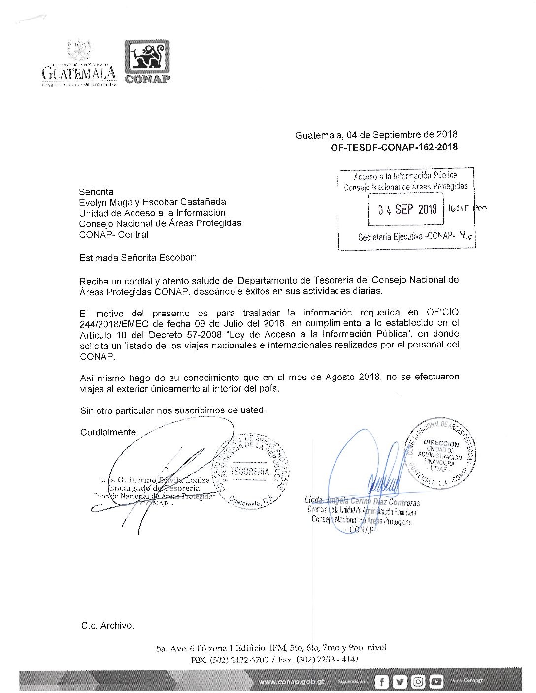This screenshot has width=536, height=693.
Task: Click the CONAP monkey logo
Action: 147,57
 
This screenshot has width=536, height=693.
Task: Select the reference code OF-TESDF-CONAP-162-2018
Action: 394,147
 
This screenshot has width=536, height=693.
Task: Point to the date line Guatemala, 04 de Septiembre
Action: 376,135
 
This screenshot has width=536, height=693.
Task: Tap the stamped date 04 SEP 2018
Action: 407,210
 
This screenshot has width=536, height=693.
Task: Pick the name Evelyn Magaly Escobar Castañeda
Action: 152,202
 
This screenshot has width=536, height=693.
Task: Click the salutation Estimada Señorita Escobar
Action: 137,257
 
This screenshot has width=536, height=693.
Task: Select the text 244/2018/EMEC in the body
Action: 116,323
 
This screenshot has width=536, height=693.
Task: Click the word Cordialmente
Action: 109,432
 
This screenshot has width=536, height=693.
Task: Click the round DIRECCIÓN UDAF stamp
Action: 440,454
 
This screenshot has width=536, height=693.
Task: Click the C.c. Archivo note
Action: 107,626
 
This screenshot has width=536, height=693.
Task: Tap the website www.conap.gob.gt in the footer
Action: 292,682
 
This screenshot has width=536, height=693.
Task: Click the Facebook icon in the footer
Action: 382,682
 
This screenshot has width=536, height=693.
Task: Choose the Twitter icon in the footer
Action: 400,682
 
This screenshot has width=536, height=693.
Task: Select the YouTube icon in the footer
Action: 436,682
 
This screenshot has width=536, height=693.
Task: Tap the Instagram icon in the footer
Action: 418,682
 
